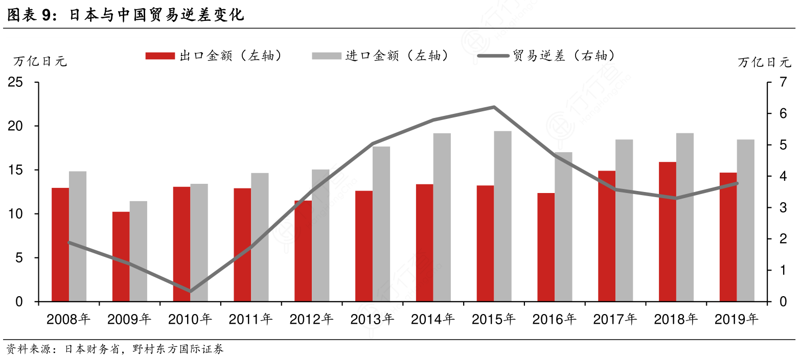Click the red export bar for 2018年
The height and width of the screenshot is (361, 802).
[x=667, y=232]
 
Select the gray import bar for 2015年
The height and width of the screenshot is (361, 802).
[x=502, y=216]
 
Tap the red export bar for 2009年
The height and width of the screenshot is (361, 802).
[x=121, y=257]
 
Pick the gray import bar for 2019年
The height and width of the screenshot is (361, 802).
[x=745, y=221]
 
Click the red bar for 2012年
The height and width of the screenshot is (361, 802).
[x=303, y=251]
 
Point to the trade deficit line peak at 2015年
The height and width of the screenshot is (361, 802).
[x=494, y=107]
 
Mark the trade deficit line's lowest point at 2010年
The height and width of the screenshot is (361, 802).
[x=190, y=292]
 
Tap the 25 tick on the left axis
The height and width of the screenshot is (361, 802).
[x=16, y=82]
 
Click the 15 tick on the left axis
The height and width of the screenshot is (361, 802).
[x=16, y=170]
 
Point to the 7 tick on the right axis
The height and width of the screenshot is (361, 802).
[x=783, y=82]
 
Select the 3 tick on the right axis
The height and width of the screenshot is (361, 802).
[x=783, y=208]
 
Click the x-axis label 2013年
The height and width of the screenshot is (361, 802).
[x=372, y=319]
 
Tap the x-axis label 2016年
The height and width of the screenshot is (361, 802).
[x=554, y=319]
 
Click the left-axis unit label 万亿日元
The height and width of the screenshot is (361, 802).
[x=40, y=61]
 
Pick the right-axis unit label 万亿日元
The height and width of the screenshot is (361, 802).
[x=764, y=62]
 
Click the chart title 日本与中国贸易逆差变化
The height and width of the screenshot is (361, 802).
[x=156, y=15]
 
